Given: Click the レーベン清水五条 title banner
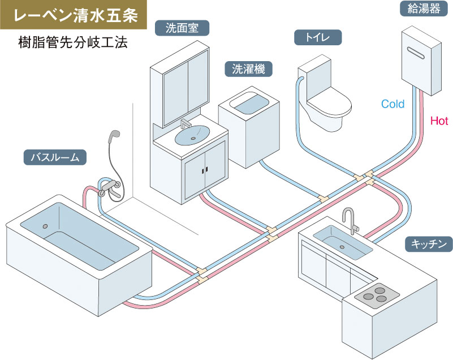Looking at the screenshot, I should pyautogui.click(x=75, y=15).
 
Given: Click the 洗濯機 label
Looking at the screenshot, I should pyautogui.click(x=249, y=69).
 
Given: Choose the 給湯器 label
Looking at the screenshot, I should pyautogui.click(x=420, y=8).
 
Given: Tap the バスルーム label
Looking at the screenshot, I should pyautogui.click(x=55, y=157).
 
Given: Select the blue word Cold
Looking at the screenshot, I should pyautogui.click(x=393, y=104).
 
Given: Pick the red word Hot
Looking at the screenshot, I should pyautogui.click(x=439, y=121).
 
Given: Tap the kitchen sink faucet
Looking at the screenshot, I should pyautogui.click(x=351, y=218).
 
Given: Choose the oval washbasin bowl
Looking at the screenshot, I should pyautogui.click(x=192, y=135).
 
